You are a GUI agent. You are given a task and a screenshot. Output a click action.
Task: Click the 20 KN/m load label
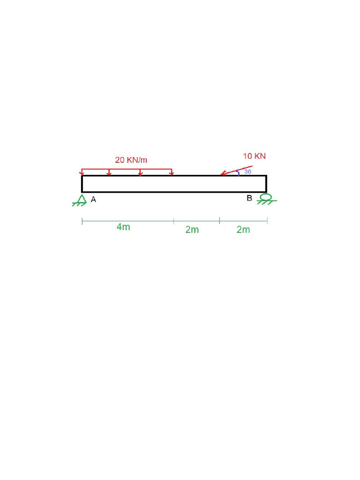coord(131,160)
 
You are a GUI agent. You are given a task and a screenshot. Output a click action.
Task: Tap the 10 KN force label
coord(255,156)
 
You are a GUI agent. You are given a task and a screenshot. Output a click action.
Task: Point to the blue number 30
coord(247,172)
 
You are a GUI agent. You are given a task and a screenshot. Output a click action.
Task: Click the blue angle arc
coord(238,173)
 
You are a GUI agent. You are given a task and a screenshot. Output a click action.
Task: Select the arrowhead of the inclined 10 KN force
coord(224,173)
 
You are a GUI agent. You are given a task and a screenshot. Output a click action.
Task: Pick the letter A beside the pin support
coord(93,200)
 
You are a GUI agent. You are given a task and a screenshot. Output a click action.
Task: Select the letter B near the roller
coord(249,198)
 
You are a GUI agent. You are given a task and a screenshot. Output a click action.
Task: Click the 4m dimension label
coord(123,227)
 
